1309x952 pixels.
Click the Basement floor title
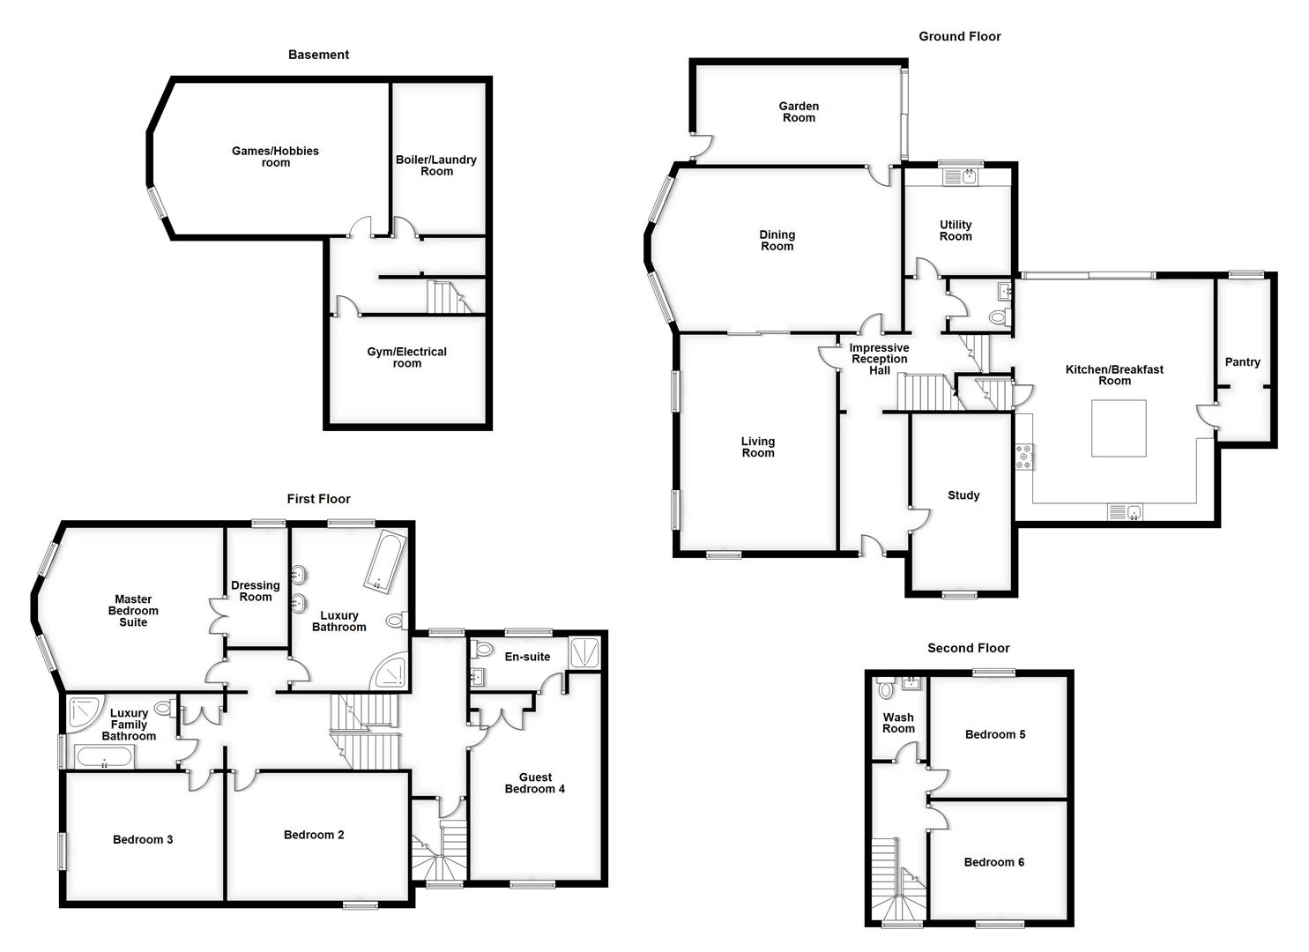coord(318,55)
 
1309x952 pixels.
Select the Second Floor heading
coord(968,648)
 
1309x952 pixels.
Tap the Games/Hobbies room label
coord(275,157)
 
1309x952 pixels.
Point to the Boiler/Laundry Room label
coord(435,165)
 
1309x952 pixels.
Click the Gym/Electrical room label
coord(406,357)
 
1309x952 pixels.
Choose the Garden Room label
coord(799,112)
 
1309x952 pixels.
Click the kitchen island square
coord(1119,428)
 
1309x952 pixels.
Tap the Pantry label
coord(1242,362)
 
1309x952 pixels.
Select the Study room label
coord(963,495)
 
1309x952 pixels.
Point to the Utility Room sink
coord(961,177)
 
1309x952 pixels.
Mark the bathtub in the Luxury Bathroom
coord(383,561)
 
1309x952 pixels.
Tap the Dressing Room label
coord(256,591)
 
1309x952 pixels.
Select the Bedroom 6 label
coord(993,862)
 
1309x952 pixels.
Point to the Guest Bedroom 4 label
coord(535,783)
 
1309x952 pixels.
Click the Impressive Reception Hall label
coord(879,359)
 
